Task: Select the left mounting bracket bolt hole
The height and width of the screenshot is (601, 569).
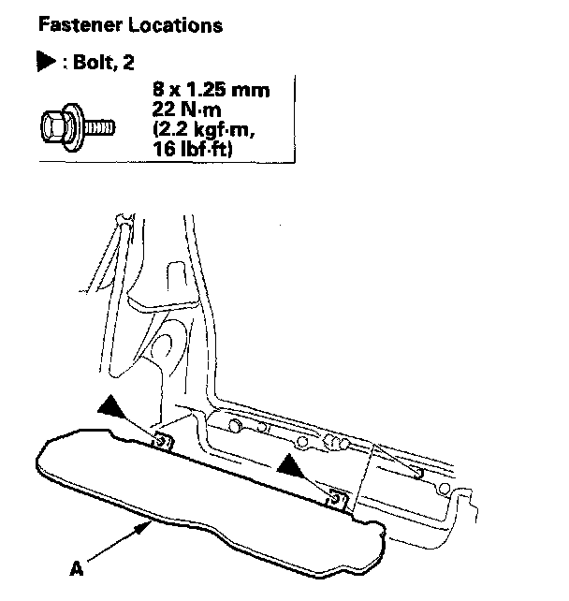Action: click(162, 439)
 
